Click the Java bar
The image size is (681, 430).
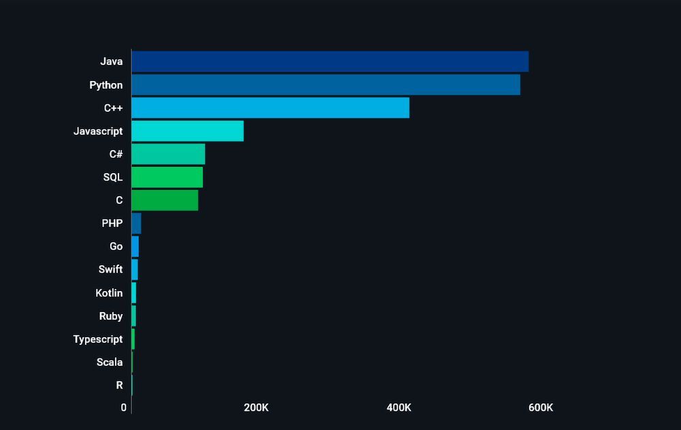330,61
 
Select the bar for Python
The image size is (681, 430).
326,85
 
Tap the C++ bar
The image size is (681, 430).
270,108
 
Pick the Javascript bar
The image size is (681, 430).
187,131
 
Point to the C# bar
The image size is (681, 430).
168,154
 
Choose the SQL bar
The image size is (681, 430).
167,177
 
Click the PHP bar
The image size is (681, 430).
136,224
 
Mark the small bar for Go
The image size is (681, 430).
135,247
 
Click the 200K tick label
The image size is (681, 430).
256,408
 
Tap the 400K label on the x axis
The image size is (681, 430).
398,408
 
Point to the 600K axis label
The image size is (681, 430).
541,408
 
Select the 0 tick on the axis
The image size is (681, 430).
124,408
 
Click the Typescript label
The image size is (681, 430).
98,339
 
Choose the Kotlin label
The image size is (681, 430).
109,293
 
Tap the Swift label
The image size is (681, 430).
110,270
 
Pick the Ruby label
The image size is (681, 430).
111,316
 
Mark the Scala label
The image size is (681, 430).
110,363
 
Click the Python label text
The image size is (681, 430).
106,85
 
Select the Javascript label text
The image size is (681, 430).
98,131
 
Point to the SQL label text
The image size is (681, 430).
113,177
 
